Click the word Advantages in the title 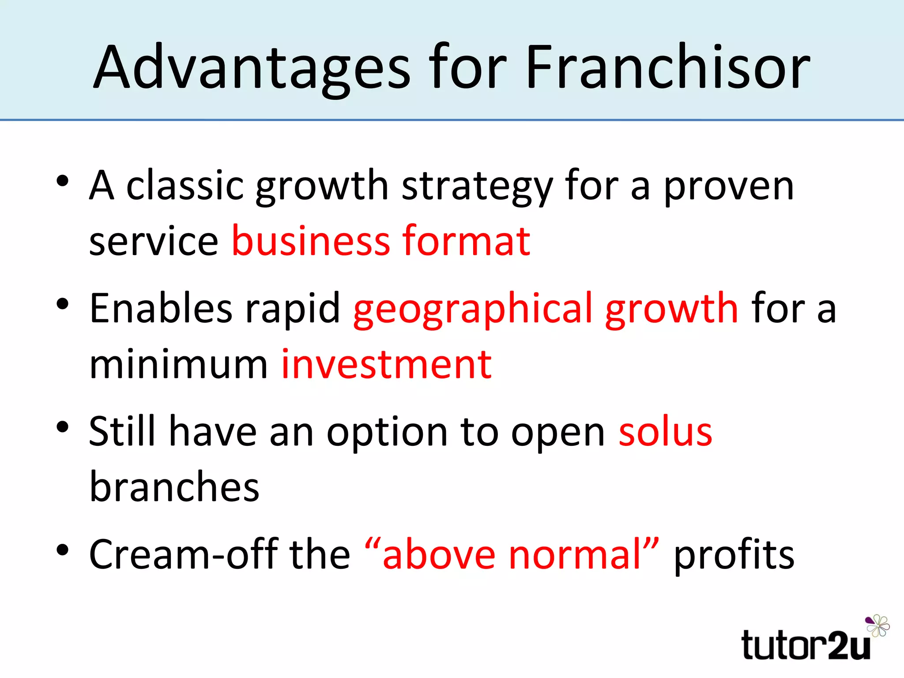point(252,68)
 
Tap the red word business point(311,241)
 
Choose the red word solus point(665,432)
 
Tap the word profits point(734,555)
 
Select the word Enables point(161,309)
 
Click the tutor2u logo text point(806,645)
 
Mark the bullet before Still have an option point(63,427)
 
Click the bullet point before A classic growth point(63,181)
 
